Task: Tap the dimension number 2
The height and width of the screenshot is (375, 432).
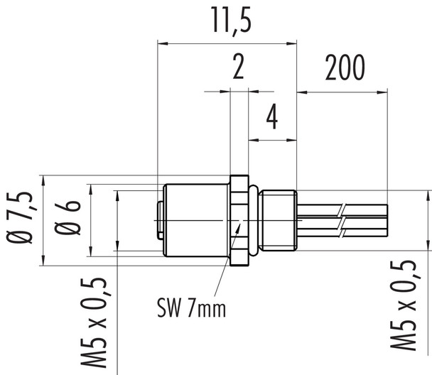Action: (x=239, y=69)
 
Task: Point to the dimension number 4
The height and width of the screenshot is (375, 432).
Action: (x=271, y=118)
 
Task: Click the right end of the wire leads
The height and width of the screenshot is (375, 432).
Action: (x=387, y=221)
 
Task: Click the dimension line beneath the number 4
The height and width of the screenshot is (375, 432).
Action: (x=271, y=139)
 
